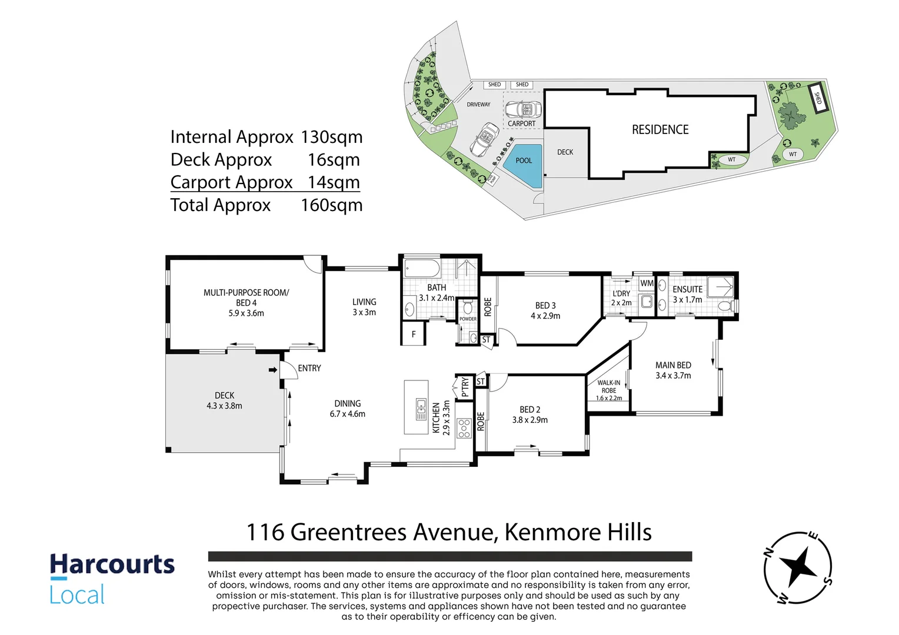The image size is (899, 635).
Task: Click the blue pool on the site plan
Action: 524,164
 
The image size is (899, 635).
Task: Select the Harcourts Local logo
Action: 112,579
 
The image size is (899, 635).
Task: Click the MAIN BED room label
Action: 673,365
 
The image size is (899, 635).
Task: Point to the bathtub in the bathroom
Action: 422,269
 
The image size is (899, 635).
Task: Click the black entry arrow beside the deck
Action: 273,370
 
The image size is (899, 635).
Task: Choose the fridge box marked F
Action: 414,334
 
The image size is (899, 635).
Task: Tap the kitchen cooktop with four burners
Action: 464,428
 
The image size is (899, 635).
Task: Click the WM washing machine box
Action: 647,283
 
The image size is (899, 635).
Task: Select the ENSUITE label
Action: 687,289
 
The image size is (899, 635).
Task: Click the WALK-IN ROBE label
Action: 609,386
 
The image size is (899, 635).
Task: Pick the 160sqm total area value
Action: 331,205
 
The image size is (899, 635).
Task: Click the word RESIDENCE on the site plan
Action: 660,130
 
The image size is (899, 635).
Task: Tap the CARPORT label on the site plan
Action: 521,123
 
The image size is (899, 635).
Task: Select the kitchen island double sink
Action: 421,409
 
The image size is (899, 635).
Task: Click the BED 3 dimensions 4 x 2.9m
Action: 545,316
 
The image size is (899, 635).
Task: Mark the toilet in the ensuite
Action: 727,306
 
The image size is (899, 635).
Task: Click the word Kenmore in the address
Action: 540,532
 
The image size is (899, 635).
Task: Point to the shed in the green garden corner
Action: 818,98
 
